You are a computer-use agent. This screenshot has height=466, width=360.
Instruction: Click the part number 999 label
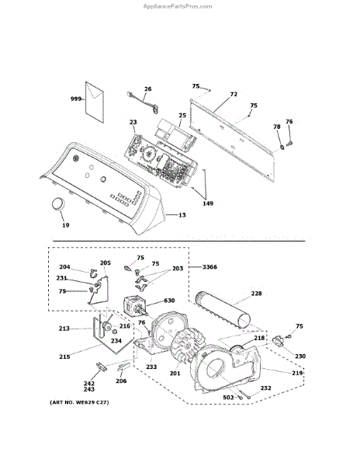tap(76, 99)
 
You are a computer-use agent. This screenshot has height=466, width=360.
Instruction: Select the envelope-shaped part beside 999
tap(95, 103)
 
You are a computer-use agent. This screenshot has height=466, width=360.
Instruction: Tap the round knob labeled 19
tap(58, 204)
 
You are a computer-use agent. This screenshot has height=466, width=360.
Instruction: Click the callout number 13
tap(182, 214)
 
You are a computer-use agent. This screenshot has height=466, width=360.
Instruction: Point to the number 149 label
tap(208, 203)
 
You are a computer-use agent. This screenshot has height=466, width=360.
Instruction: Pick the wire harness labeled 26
tap(143, 103)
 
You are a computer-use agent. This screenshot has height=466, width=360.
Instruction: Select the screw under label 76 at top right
tap(289, 144)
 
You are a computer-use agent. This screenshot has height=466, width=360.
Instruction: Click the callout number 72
tap(234, 94)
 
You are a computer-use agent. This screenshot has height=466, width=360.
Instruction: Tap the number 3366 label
tap(209, 267)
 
